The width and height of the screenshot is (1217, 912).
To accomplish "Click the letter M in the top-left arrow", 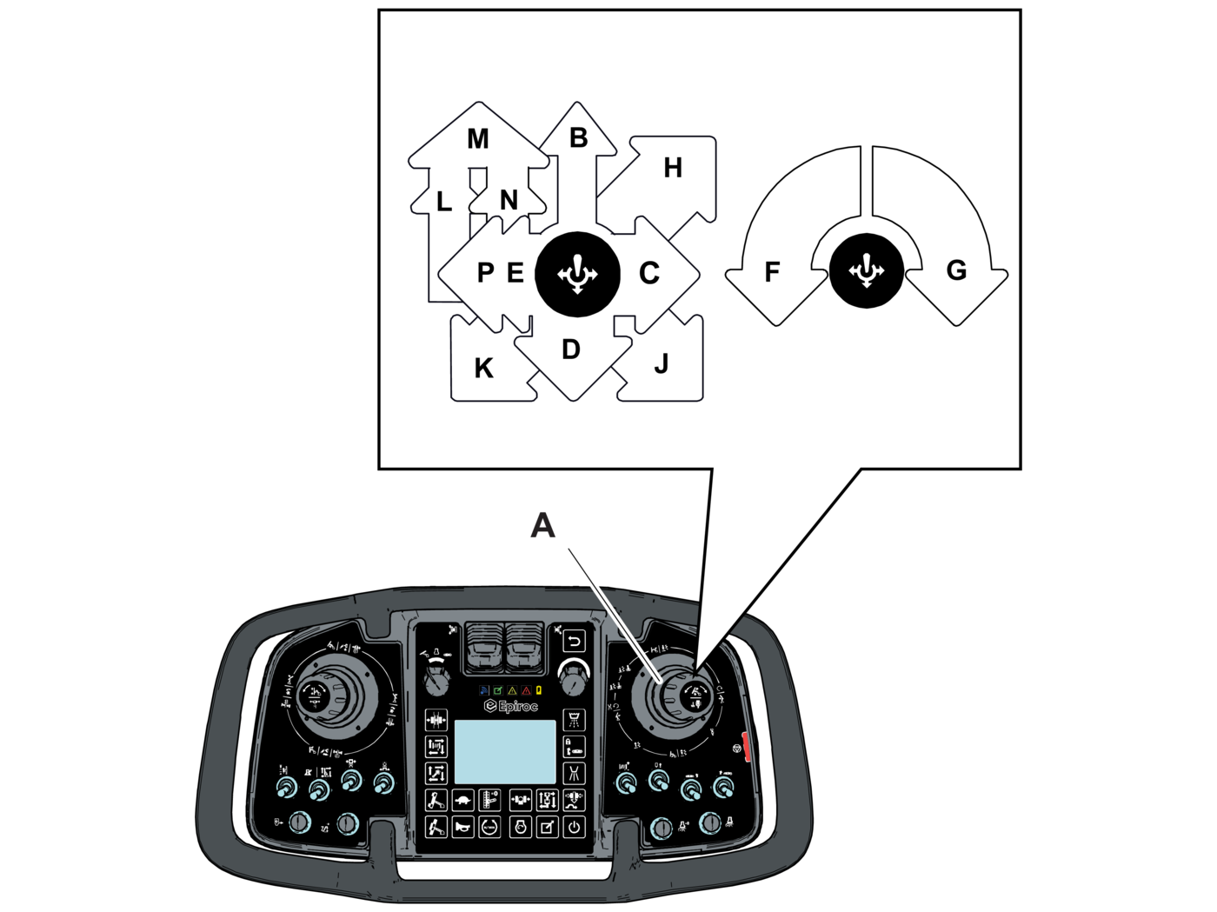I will click(x=477, y=139).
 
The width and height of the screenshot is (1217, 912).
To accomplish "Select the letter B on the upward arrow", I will click(x=578, y=138).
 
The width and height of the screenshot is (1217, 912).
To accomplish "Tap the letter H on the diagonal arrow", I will click(x=672, y=169).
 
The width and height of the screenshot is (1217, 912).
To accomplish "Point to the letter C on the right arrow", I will click(x=648, y=274).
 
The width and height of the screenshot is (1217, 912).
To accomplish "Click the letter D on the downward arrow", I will click(x=570, y=349).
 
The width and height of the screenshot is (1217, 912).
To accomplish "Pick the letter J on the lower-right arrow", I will click(x=661, y=364).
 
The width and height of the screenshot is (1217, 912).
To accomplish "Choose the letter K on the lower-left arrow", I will click(x=483, y=369).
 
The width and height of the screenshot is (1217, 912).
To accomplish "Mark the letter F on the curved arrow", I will click(x=771, y=273).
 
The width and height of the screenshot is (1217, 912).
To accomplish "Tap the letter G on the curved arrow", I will click(x=956, y=270).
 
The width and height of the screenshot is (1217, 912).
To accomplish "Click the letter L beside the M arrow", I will click(x=443, y=203).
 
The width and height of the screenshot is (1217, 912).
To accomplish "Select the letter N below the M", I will click(x=509, y=201).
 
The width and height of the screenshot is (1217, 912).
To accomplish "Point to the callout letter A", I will click(x=542, y=525).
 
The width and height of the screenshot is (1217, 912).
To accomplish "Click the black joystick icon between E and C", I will click(x=577, y=274).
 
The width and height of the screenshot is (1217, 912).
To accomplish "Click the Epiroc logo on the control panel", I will click(x=511, y=706).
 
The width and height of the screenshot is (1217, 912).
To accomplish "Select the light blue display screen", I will click(x=505, y=752).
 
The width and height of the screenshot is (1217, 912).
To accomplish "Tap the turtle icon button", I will click(x=464, y=800).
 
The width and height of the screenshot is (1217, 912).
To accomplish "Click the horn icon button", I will click(x=462, y=827).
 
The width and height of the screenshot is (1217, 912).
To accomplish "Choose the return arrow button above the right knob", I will click(x=574, y=642).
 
